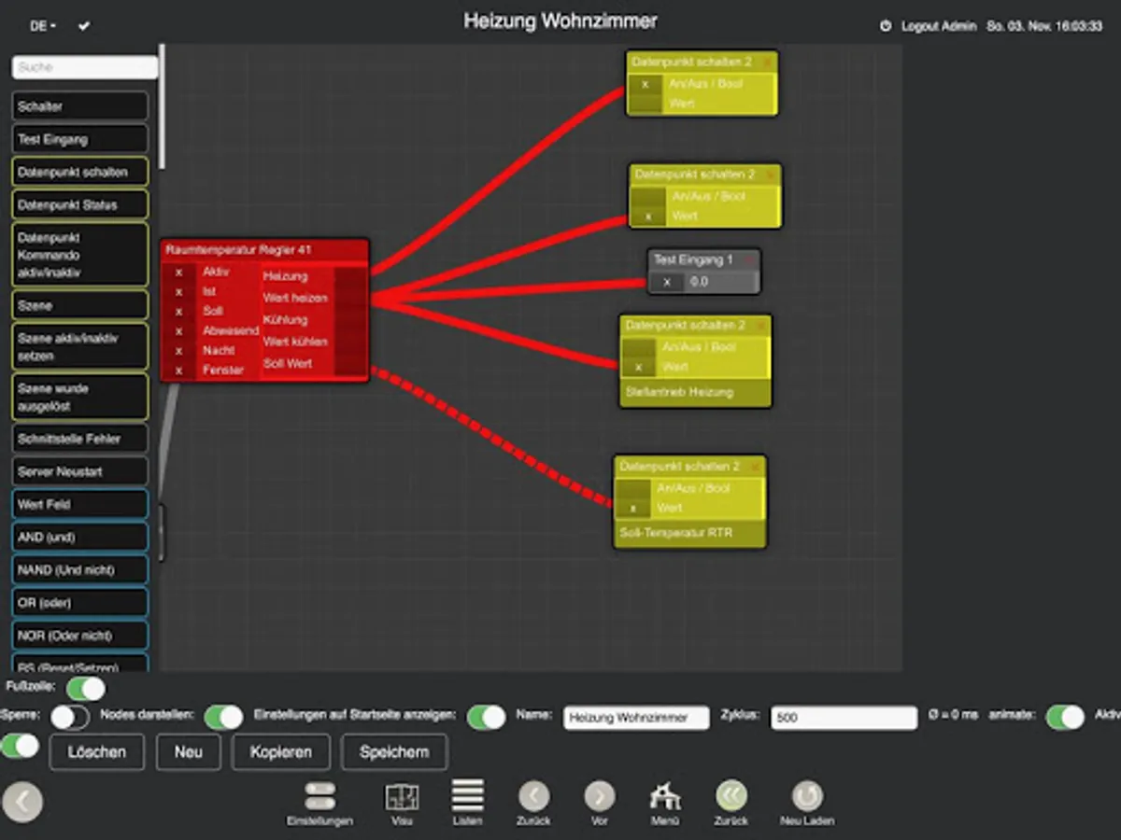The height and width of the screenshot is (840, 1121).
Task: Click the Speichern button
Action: pyautogui.click(x=394, y=751)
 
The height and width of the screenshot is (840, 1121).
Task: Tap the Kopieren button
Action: pyautogui.click(x=280, y=751)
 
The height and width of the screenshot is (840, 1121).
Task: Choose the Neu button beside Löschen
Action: pyautogui.click(x=188, y=751)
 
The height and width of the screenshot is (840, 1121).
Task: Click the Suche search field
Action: pyautogui.click(x=85, y=67)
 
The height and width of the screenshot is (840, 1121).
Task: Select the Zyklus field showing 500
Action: pyautogui.click(x=844, y=718)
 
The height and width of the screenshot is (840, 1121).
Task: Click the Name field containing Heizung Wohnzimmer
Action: pyautogui.click(x=636, y=718)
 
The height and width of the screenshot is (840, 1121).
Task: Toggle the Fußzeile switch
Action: pyautogui.click(x=86, y=689)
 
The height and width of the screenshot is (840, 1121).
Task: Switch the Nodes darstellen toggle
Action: pyautogui.click(x=223, y=717)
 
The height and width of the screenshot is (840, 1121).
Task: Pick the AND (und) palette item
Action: pyautogui.click(x=80, y=537)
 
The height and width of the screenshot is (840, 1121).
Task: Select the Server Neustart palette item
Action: pyautogui.click(x=80, y=471)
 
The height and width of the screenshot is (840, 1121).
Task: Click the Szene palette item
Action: pyautogui.click(x=80, y=305)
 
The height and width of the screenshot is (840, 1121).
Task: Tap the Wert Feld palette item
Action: pyautogui.click(x=80, y=504)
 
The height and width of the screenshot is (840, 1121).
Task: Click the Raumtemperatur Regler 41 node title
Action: pyautogui.click(x=238, y=250)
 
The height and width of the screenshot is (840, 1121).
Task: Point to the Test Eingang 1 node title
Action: pyautogui.click(x=693, y=259)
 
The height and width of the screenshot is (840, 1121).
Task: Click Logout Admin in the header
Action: pyautogui.click(x=938, y=26)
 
